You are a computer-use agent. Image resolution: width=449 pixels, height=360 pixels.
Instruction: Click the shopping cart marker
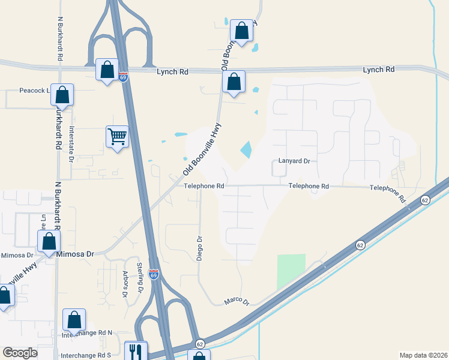tap(117, 137)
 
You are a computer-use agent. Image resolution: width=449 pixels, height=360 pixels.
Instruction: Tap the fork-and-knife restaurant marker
tap(136, 351)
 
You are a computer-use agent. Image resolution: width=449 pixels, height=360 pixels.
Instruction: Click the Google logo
tap(20, 353)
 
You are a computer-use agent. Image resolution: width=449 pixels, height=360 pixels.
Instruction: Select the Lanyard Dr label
tap(294, 161)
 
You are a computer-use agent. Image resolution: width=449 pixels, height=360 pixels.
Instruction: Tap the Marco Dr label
tap(237, 300)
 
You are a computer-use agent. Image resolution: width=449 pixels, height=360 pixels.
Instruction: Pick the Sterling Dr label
tap(140, 277)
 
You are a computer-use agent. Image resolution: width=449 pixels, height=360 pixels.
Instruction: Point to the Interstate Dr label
tap(71, 144)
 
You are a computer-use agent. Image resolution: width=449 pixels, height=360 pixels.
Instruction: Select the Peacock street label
tap(33, 91)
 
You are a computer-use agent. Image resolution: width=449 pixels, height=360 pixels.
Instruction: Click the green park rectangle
tap(291, 271)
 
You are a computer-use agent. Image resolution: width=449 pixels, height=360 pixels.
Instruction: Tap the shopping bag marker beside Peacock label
tap(62, 94)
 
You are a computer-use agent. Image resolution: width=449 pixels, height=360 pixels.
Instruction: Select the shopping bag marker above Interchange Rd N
tap(74, 319)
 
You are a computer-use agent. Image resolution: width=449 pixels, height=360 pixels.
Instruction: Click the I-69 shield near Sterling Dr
tap(154, 274)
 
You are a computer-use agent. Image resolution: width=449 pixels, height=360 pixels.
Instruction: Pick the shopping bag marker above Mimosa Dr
tap(49, 242)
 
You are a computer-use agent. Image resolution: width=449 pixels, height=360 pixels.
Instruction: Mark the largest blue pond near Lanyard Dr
tap(246, 149)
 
